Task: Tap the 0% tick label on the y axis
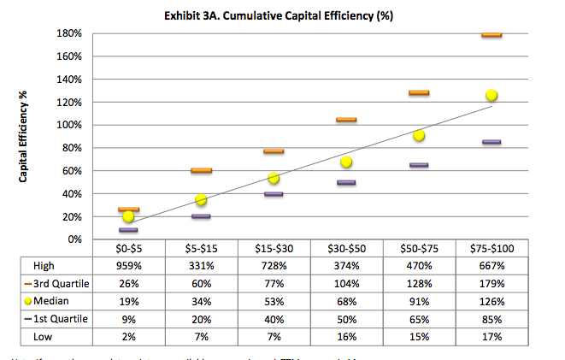73,239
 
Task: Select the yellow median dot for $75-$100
491,96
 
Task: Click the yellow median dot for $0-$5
128,216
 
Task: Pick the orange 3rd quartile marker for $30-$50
346,120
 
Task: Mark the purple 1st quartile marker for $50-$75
419,165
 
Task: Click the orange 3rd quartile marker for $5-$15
201,170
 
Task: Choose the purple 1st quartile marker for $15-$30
274,194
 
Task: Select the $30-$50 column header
346,248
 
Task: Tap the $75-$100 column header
491,248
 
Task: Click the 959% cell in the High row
128,266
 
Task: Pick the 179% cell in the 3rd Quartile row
491,284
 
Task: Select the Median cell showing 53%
274,302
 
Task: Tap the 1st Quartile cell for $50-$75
419,320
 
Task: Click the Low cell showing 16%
346,338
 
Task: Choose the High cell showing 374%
346,266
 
